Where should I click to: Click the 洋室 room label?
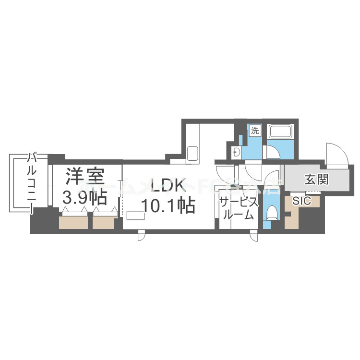click(x=85, y=177)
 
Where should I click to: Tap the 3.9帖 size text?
click(x=85, y=197)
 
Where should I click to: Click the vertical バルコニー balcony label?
click(x=32, y=183)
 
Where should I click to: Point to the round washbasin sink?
click(x=236, y=153)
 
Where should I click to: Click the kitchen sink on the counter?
click(x=192, y=154)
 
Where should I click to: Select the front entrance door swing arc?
click(x=335, y=153)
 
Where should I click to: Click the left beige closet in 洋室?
click(x=73, y=222)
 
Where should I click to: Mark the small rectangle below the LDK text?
click(x=135, y=216)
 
